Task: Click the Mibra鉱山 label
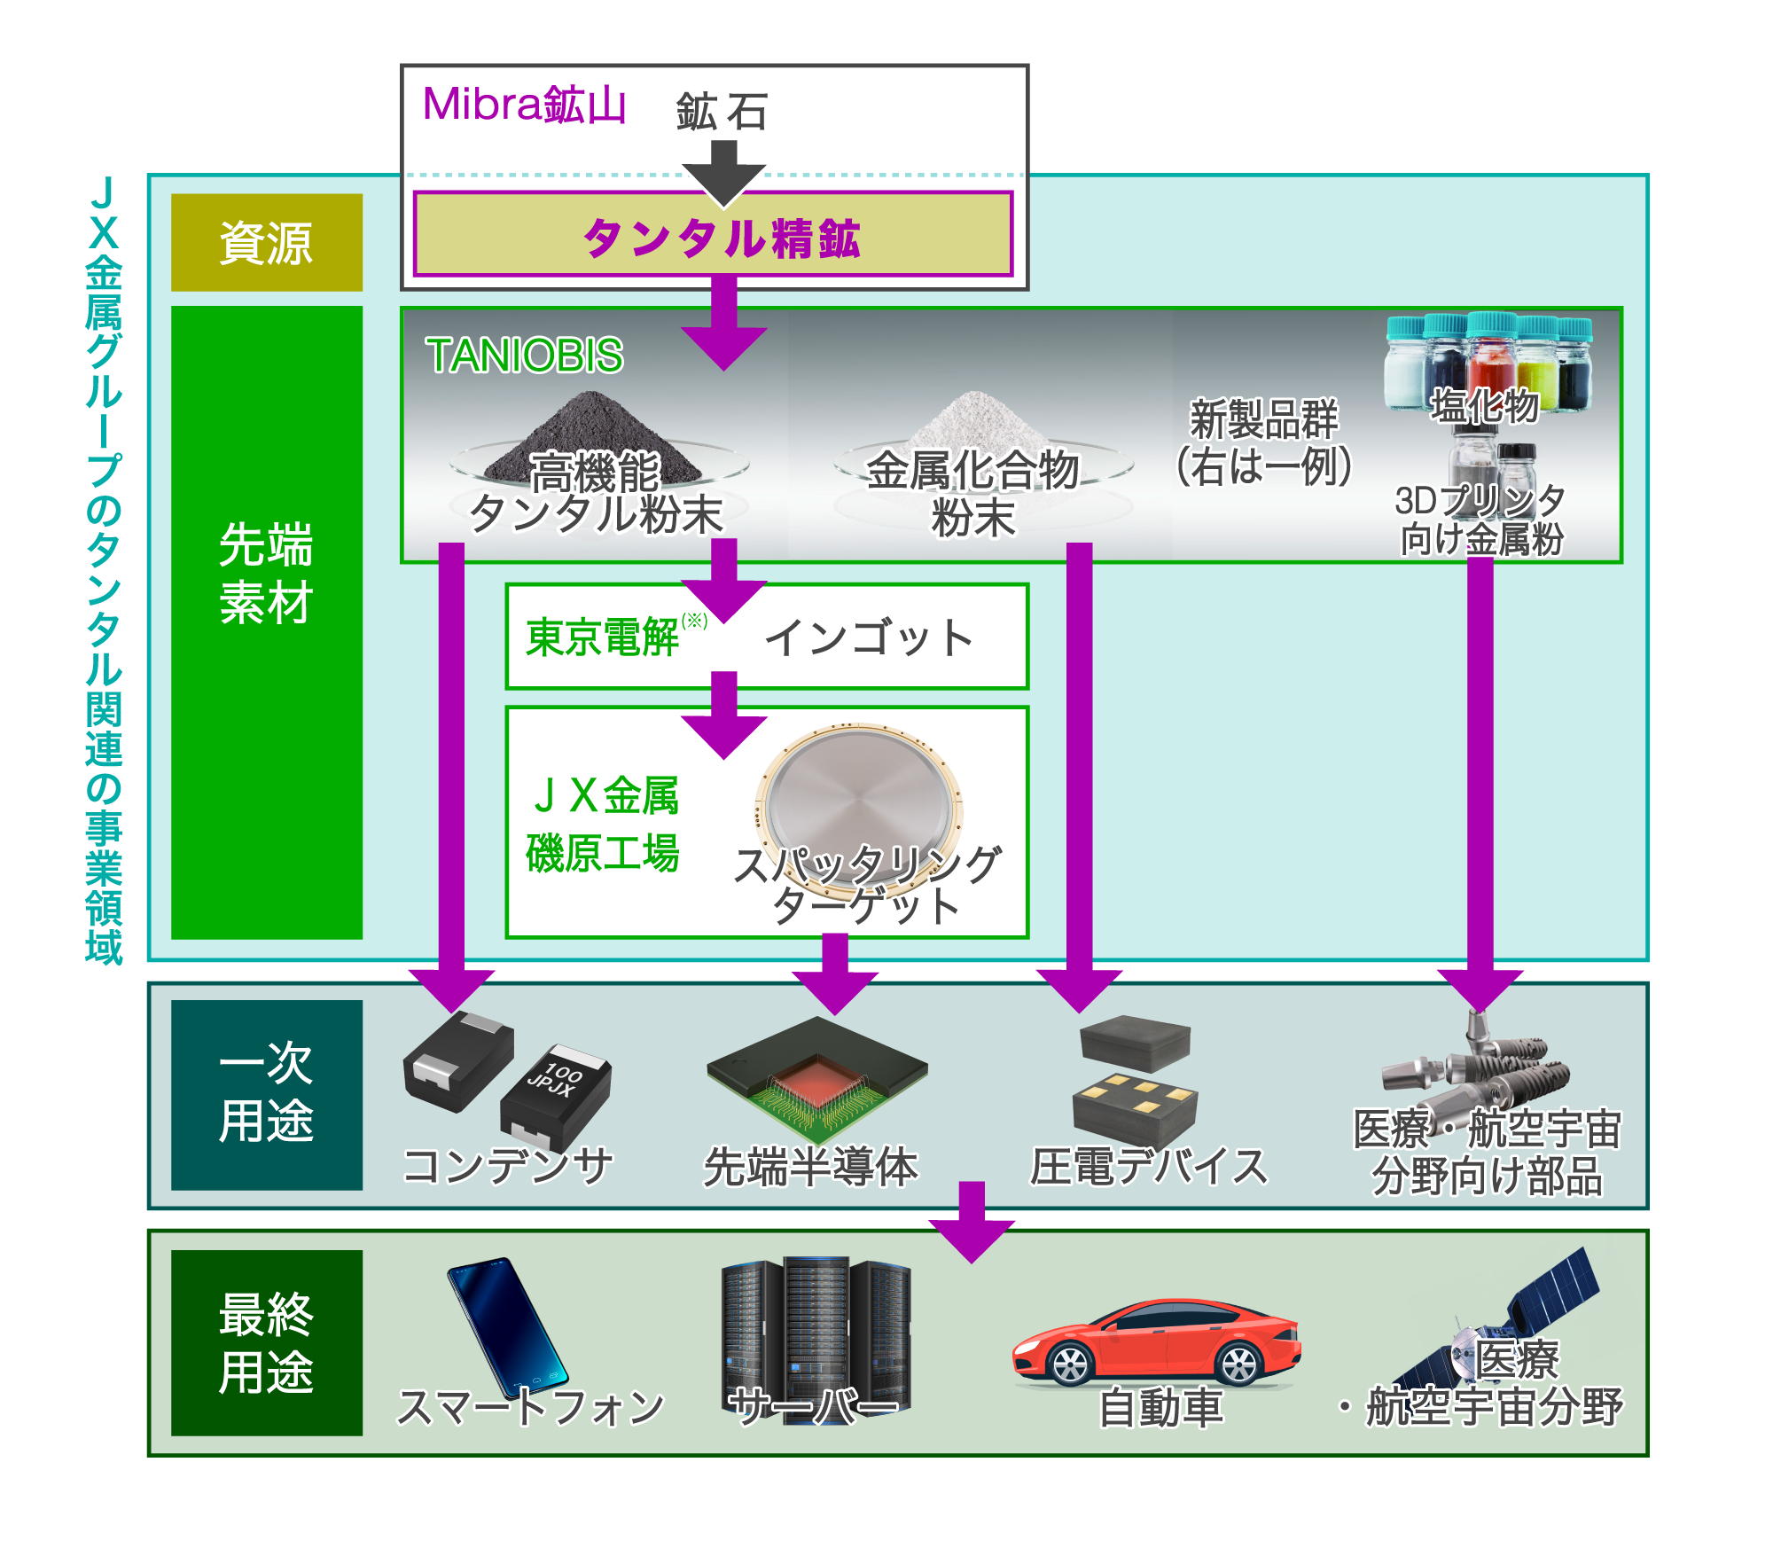tap(525, 106)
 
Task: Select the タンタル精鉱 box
tap(713, 234)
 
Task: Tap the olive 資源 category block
tap(267, 242)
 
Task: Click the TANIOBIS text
tap(525, 356)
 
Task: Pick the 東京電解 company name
tap(602, 637)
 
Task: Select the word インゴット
tap(869, 637)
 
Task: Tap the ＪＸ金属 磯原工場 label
tap(603, 824)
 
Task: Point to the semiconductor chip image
tap(816, 1079)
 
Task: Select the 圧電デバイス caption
tap(1149, 1166)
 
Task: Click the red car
tap(1157, 1342)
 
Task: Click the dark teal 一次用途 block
tap(267, 1095)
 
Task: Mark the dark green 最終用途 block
tap(267, 1342)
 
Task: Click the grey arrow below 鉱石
tap(724, 174)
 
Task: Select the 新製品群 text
tap(1264, 419)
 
